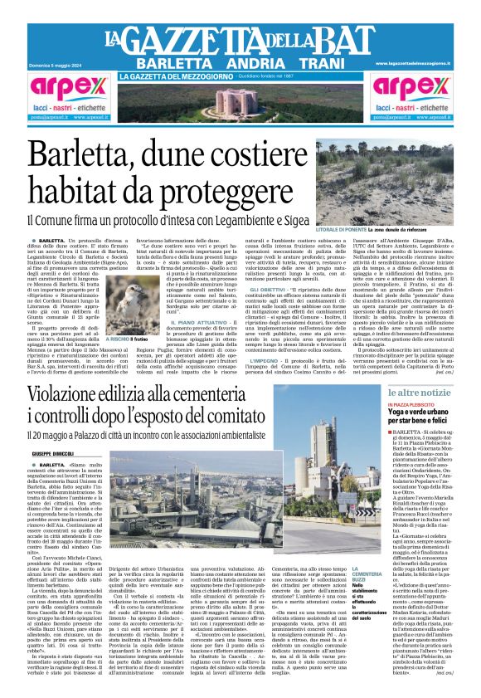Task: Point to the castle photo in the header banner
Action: coord(240,101)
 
